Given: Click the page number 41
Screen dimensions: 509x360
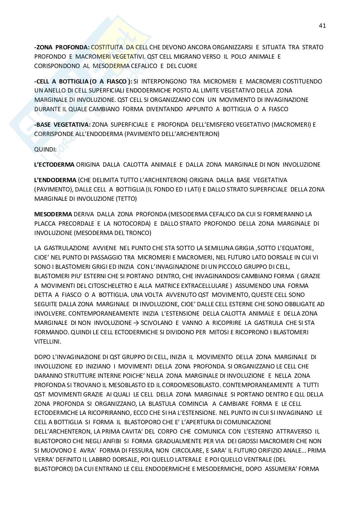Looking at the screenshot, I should (322, 26).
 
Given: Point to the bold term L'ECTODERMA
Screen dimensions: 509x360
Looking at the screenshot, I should (54, 165).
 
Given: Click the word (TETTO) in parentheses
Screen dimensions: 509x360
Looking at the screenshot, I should (126, 199).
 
